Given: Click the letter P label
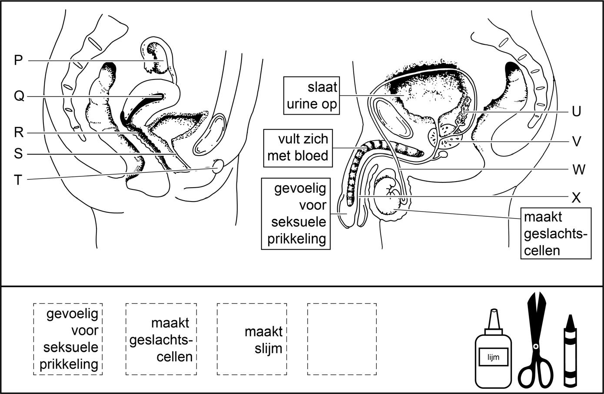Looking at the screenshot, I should point(18,60).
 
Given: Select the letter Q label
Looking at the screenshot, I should point(19,96).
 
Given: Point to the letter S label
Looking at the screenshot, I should point(18,154).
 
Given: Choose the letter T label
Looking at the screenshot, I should point(18,179).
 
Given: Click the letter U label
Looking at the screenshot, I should point(576,112).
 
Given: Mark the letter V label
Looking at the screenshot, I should point(576,142).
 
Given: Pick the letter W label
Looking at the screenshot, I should point(578,169).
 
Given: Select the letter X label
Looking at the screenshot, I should point(576,198).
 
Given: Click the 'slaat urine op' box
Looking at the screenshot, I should point(312,96).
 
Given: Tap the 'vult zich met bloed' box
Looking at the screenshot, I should point(298,148).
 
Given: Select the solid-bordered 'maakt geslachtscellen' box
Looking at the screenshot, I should point(556,233).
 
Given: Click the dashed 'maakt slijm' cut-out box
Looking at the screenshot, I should point(252,339).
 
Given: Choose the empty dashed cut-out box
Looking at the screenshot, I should point(342,339).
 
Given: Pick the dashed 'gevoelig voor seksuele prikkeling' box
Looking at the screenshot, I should point(68,339).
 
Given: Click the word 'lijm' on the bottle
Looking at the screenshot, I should point(493,358).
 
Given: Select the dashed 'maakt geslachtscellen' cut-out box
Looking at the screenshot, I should point(161,339).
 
